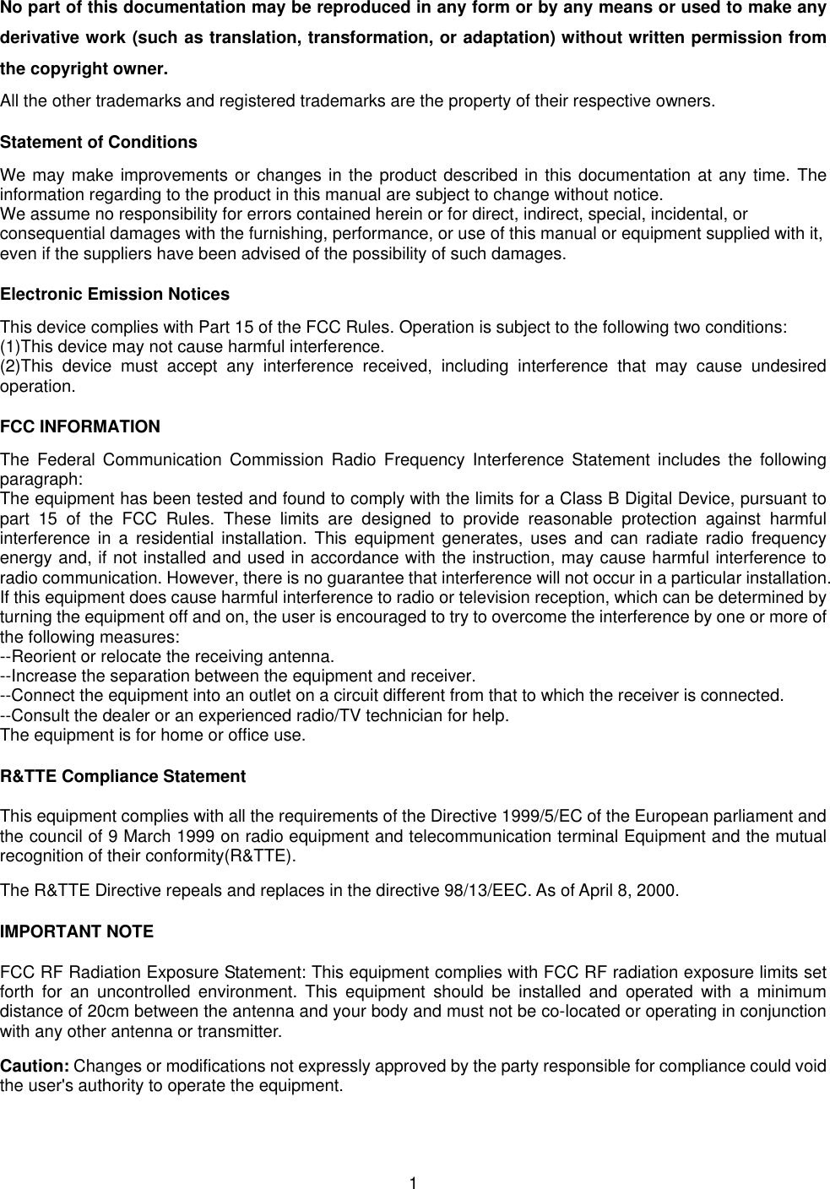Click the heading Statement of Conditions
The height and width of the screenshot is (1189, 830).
[x=99, y=143]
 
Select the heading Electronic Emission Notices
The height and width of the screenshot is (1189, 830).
[x=115, y=295]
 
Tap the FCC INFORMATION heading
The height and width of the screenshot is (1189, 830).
[x=80, y=427]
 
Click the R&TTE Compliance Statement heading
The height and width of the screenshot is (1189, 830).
[x=123, y=776]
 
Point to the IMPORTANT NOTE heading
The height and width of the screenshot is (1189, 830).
[x=77, y=932]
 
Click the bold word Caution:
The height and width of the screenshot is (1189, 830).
[x=35, y=1067]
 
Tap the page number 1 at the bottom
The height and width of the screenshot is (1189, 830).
[x=414, y=1181]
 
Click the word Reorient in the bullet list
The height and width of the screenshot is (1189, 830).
[x=43, y=657]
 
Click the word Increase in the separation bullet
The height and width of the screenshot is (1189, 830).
[x=41, y=676]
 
